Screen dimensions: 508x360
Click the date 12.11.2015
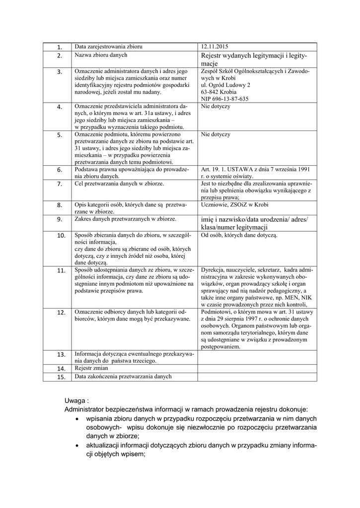[x=215, y=47]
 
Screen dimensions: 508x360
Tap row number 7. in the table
[x=59, y=184]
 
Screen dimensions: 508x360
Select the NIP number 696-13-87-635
[x=224, y=99]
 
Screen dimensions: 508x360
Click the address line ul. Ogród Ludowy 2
[x=225, y=85]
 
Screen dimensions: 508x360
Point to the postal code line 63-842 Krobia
[x=218, y=92]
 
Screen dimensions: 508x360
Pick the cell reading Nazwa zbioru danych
[x=101, y=55]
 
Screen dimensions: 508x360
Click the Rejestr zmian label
[x=91, y=369]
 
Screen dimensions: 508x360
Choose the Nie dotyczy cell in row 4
[x=216, y=107]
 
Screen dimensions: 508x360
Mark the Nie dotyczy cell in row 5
[x=216, y=134]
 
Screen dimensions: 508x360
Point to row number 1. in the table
[x=59, y=47]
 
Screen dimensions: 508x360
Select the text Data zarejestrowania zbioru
[x=108, y=47]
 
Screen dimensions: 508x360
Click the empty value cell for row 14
[x=257, y=369]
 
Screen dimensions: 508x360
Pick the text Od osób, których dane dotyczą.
[x=239, y=235]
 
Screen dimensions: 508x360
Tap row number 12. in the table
[x=61, y=313]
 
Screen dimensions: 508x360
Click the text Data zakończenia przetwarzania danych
[x=123, y=377]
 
